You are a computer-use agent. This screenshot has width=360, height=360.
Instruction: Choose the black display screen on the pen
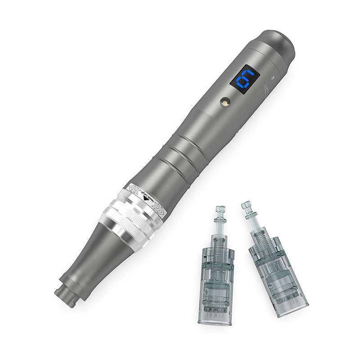click(x=247, y=80)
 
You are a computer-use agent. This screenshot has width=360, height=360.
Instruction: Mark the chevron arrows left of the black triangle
click(x=135, y=189)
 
